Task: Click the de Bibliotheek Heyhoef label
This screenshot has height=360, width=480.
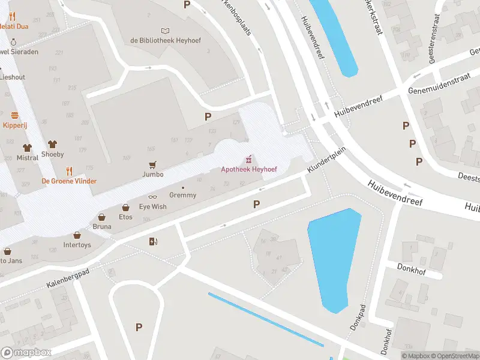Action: (165, 40)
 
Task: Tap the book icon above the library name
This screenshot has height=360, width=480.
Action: (165, 31)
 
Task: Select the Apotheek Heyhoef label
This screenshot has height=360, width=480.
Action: (248, 170)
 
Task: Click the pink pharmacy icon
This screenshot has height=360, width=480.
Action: (248, 160)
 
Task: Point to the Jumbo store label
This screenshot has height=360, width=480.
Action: (153, 175)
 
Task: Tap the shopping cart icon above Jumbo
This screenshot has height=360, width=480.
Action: (153, 164)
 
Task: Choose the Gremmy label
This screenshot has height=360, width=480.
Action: (183, 195)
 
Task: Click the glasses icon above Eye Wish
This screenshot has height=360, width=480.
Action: (152, 197)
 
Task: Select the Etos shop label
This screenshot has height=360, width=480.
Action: (125, 217)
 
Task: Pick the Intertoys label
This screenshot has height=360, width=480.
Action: (77, 245)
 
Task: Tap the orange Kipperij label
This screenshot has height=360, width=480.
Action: (15, 125)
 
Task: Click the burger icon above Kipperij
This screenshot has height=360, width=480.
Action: (15, 115)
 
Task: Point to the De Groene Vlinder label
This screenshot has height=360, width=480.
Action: (69, 181)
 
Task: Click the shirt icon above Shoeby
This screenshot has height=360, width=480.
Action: (53, 145)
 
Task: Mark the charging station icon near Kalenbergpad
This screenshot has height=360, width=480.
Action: (153, 241)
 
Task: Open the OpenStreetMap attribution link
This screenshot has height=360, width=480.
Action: (454, 356)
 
